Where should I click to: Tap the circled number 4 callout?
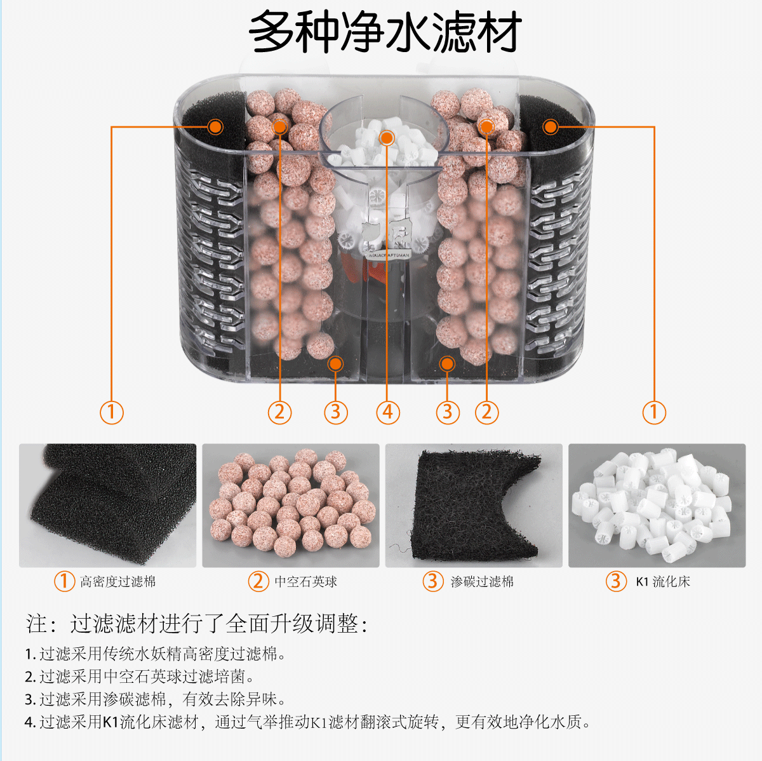coord(388,412)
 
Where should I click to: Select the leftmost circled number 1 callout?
coord(112,412)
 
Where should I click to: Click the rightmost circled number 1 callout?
coord(654,412)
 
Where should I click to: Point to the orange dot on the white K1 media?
coord(387,138)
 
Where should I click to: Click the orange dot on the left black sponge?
coord(215,127)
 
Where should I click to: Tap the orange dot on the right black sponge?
coord(551,127)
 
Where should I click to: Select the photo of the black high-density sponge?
coord(108,505)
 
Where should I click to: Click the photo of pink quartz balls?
coord(291,505)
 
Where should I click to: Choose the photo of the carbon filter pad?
coord(474,505)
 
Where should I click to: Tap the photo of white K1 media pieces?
coord(657,505)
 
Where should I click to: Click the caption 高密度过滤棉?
coord(117,581)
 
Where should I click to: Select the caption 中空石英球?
coord(305,581)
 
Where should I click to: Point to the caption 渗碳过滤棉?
coord(482,581)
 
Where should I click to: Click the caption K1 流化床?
coord(662,581)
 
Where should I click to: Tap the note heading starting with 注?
coord(197,624)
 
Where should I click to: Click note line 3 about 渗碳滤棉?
coord(156,699)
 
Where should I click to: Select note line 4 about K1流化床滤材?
coord(308,722)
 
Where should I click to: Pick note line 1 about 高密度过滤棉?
coord(156,654)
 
